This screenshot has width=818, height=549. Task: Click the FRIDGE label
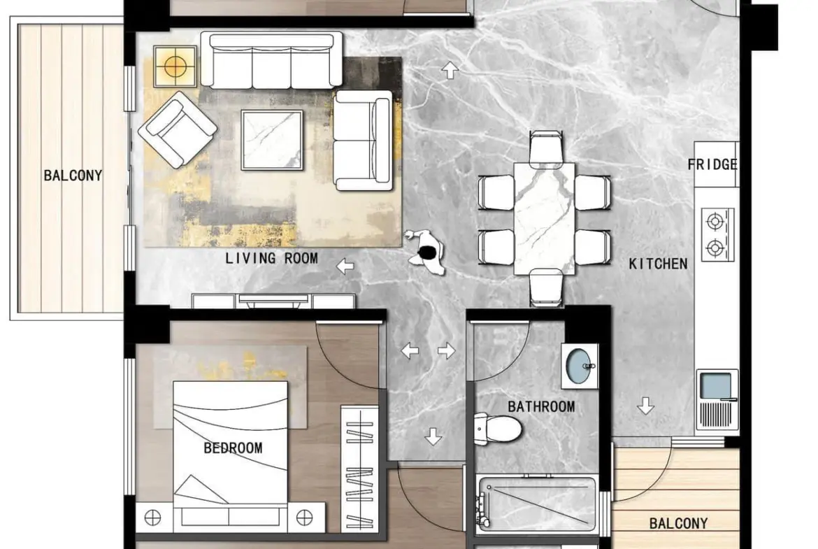(x=712, y=165)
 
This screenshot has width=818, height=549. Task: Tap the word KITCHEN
(x=659, y=264)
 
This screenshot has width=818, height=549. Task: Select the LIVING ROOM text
(x=272, y=258)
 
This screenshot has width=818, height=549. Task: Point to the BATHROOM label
(x=542, y=406)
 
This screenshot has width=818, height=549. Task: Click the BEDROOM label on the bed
(x=233, y=448)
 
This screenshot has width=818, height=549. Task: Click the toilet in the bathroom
(x=498, y=429)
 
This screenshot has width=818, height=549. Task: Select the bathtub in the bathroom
(x=536, y=504)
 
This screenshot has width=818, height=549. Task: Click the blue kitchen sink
(x=715, y=385)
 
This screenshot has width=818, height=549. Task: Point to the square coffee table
(x=272, y=140)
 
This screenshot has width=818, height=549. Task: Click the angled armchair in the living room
(x=178, y=129)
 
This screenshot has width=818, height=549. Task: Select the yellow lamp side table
(x=175, y=66)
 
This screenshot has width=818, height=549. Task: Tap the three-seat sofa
(x=272, y=60)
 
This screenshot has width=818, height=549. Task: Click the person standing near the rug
(x=426, y=252)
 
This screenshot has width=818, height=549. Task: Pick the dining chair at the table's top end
(x=545, y=148)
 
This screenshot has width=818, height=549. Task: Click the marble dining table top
(x=544, y=219)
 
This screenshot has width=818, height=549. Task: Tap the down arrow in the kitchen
(x=646, y=406)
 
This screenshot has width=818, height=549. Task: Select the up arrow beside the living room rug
(x=450, y=70)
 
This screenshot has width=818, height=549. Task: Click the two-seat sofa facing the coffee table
(x=363, y=140)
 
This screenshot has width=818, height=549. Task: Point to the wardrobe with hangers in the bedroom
(x=360, y=469)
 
